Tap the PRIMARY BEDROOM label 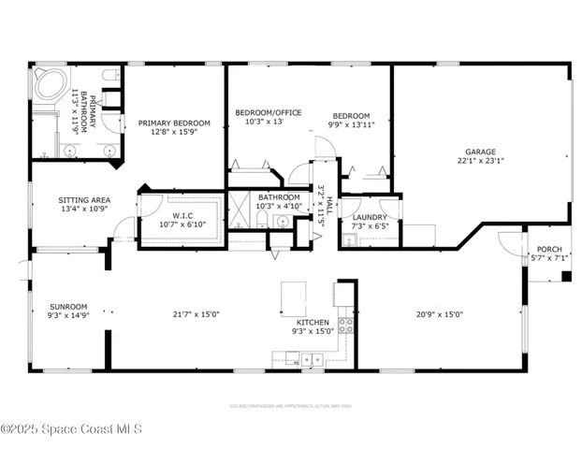tap(174, 123)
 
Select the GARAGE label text tap(481, 152)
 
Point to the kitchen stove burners tap(345, 326)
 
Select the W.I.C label tap(182, 213)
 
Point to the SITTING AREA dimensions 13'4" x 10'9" tap(84, 210)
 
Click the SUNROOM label tap(68, 306)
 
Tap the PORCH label tap(549, 249)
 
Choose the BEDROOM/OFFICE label tap(268, 112)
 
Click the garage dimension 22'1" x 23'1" tap(481, 161)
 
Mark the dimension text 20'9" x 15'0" tap(439, 314)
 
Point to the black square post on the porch tap(565, 275)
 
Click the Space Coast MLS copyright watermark tap(71, 429)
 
